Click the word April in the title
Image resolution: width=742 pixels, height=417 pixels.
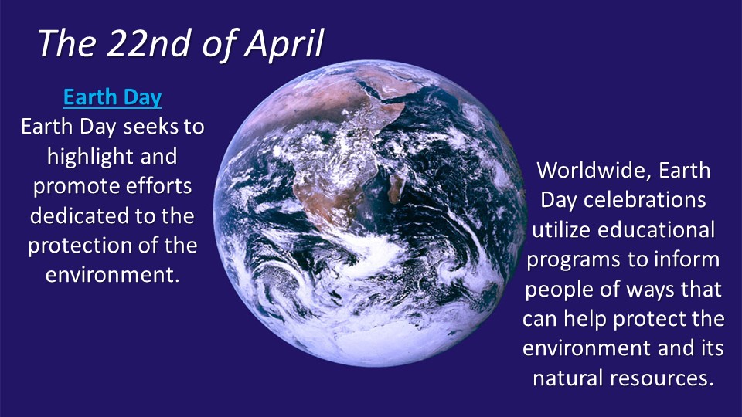point(284,44)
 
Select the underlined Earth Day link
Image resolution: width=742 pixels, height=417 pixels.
point(112,97)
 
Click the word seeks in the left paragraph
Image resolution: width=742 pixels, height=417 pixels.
point(151,127)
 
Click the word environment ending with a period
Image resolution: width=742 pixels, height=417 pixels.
point(113,275)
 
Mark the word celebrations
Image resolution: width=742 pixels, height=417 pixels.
point(645,200)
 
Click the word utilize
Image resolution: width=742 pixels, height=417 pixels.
point(561,230)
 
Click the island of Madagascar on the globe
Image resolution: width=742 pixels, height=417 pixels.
point(397,188)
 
